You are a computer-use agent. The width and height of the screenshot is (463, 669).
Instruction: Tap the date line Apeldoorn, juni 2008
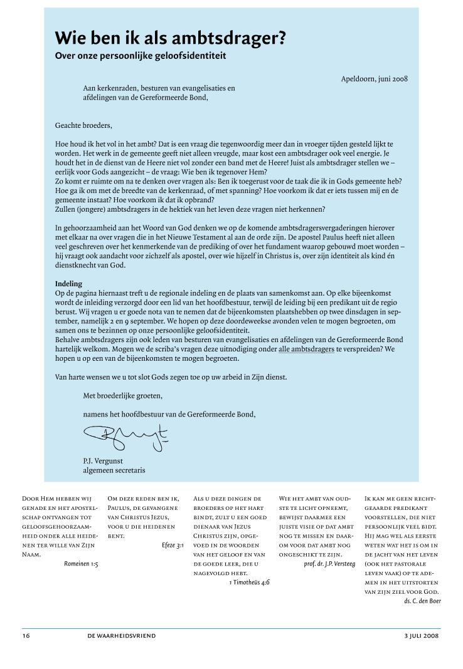[x=375, y=79]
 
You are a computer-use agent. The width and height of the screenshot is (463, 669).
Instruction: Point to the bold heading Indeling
[x=68, y=283]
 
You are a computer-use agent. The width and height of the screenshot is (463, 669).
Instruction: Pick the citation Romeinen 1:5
[x=81, y=564]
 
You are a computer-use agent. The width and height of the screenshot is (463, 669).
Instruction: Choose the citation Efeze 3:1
[x=172, y=545]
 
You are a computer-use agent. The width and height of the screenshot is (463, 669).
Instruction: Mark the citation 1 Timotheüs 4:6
[x=250, y=582]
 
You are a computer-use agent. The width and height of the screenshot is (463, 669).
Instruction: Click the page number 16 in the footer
[x=26, y=635]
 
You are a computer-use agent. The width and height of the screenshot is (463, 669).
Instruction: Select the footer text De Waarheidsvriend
[x=122, y=635]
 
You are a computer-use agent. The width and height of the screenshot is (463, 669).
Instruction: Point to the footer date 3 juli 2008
[x=422, y=635]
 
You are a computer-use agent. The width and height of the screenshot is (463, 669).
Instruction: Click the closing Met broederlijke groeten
[x=122, y=396]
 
